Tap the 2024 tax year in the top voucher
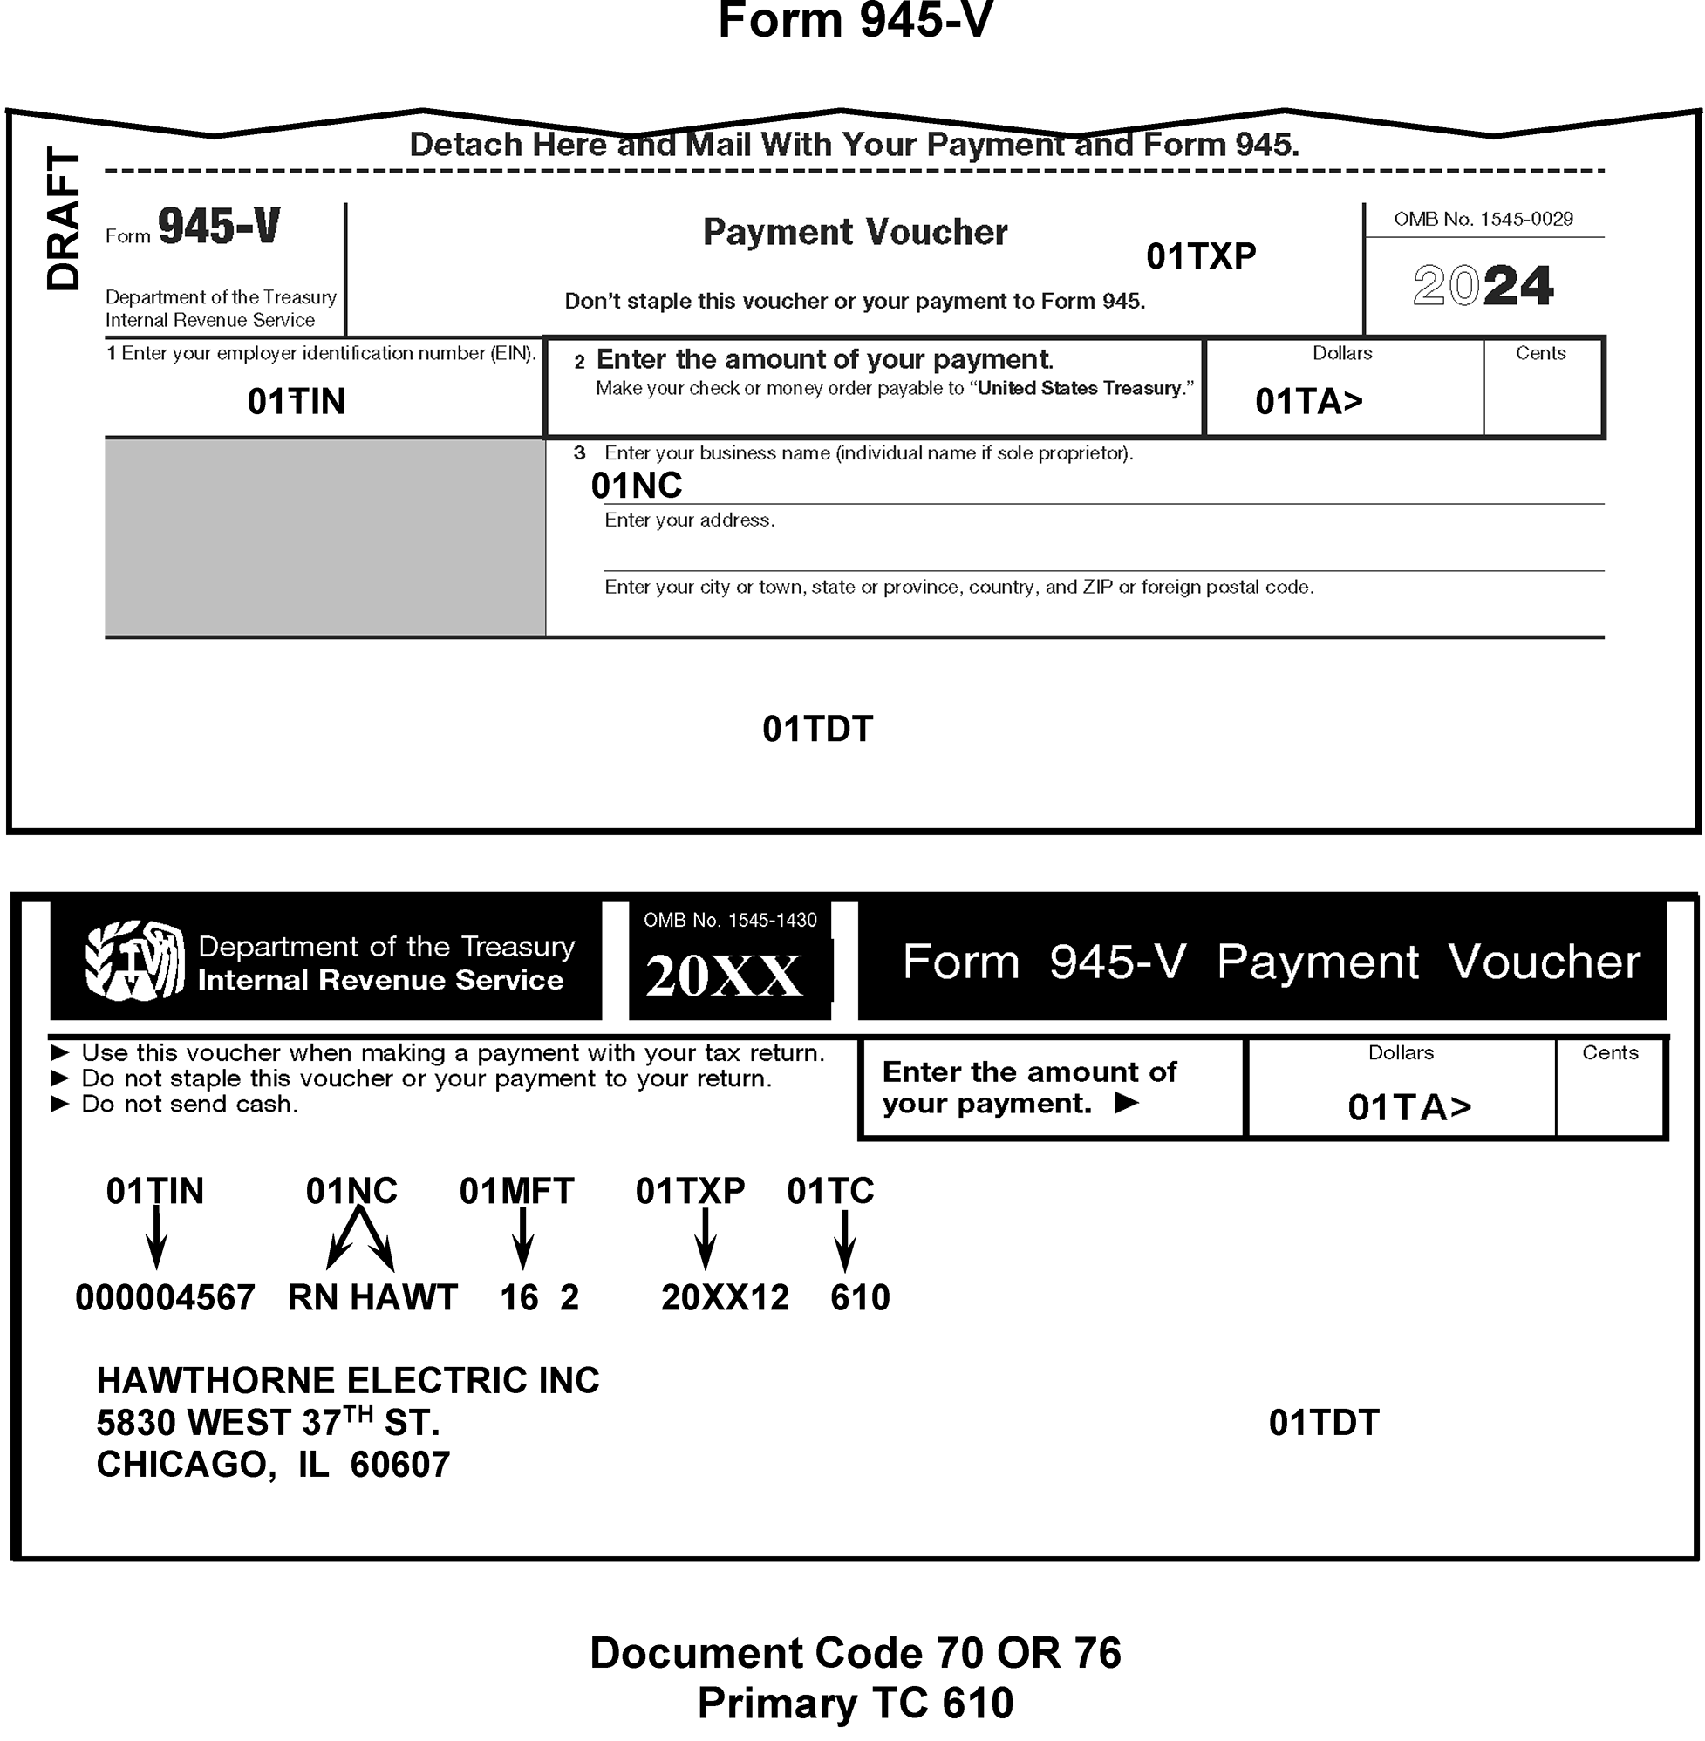pyautogui.click(x=1482, y=286)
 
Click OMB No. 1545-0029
pyautogui.click(x=1483, y=220)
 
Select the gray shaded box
pyautogui.click(x=324, y=537)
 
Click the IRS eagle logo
pyautogui.click(x=134, y=961)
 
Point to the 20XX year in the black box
pyautogui.click(x=724, y=975)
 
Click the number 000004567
pyautogui.click(x=166, y=1298)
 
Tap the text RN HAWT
pyautogui.click(x=372, y=1298)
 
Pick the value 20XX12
pyautogui.click(x=726, y=1298)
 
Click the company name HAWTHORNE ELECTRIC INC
pyautogui.click(x=347, y=1381)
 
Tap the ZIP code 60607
pyautogui.click(x=400, y=1466)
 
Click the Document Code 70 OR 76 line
pyautogui.click(x=856, y=1653)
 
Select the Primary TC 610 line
pyautogui.click(x=856, y=1704)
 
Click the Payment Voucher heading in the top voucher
pyautogui.click(x=856, y=232)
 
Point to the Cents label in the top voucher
pyautogui.click(x=1540, y=354)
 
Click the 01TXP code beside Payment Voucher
pyautogui.click(x=1201, y=257)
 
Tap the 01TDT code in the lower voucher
pyautogui.click(x=1324, y=1424)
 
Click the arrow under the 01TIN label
pyautogui.click(x=157, y=1238)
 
